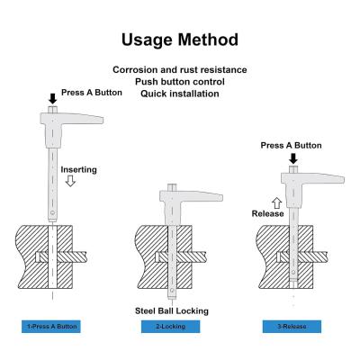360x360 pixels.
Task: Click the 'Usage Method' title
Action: pos(180,40)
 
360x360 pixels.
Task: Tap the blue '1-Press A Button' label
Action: pos(51,327)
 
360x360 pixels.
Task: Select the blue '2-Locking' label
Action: pos(170,327)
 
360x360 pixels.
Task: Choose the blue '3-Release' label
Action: pos(292,327)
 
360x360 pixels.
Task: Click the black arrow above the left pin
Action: pos(53,99)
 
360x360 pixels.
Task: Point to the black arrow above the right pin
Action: pos(293,158)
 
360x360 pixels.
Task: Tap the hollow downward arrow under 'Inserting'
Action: pos(70,181)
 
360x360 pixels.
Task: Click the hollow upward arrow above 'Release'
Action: pos(277,203)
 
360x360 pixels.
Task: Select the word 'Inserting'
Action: pos(79,170)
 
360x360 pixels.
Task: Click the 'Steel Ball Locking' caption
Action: pos(172,310)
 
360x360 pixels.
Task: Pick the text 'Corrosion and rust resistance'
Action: pos(180,70)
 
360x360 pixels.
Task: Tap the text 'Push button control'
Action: pos(180,82)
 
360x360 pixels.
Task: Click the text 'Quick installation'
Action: pos(180,94)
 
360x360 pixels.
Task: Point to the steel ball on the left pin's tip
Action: pos(53,213)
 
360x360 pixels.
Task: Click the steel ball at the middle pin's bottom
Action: pos(172,291)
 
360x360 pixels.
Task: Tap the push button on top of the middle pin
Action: pos(172,188)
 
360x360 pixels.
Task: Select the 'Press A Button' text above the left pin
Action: pos(92,93)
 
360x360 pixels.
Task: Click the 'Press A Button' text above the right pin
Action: pos(291,146)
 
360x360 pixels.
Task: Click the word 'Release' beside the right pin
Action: pos(267,213)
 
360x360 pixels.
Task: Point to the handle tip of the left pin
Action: pos(102,121)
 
